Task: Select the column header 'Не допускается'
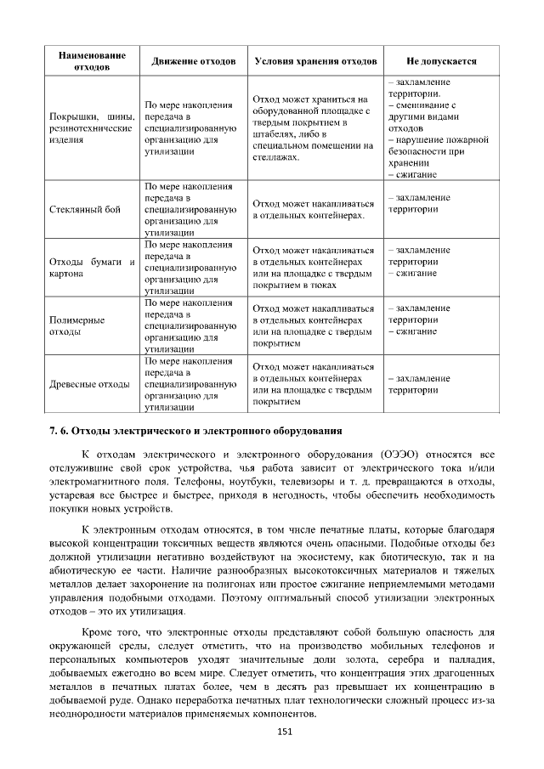(x=441, y=62)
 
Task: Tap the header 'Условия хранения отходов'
(x=315, y=62)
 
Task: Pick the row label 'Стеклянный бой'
(x=85, y=209)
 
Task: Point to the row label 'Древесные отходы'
(x=89, y=384)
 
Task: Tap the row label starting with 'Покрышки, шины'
(x=93, y=127)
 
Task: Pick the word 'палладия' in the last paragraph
(x=471, y=660)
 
